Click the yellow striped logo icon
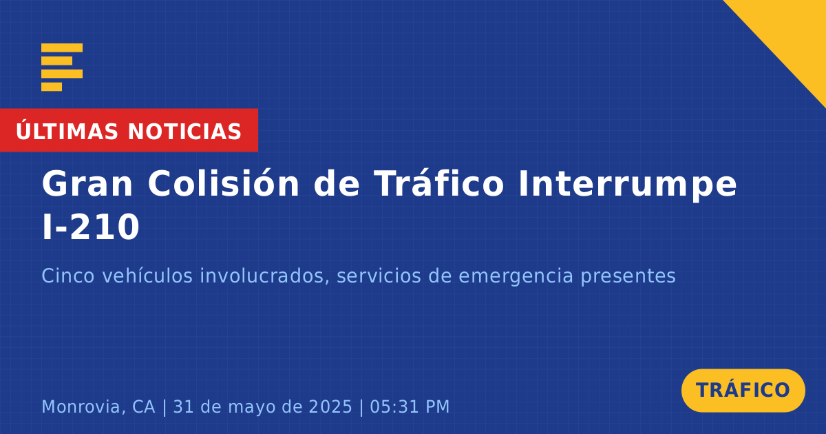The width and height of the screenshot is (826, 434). (62, 68)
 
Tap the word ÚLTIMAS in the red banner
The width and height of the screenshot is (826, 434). (67, 132)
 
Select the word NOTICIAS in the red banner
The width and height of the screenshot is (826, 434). (184, 132)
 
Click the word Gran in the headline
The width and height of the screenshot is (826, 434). (87, 184)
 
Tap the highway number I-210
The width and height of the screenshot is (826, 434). (91, 227)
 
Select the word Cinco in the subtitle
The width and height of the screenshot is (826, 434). (68, 276)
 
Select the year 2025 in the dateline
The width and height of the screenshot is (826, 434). (330, 406)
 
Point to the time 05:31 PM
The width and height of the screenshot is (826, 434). (410, 406)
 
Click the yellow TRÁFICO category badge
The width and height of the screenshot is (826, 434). (743, 391)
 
